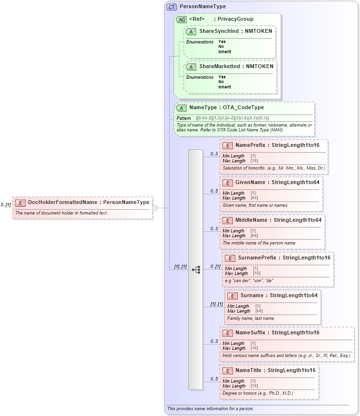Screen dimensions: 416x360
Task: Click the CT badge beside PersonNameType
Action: click(x=172, y=7)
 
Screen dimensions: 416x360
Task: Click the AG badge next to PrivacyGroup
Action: click(x=181, y=19)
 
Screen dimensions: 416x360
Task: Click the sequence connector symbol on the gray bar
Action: click(x=196, y=270)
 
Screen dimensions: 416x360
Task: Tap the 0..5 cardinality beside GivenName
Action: click(x=214, y=191)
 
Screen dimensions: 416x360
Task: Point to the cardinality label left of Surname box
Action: click(x=216, y=304)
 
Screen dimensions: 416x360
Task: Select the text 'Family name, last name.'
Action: click(x=251, y=318)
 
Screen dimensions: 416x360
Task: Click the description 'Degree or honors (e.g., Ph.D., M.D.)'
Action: click(x=258, y=393)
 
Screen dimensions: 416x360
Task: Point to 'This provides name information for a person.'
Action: click(x=210, y=409)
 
